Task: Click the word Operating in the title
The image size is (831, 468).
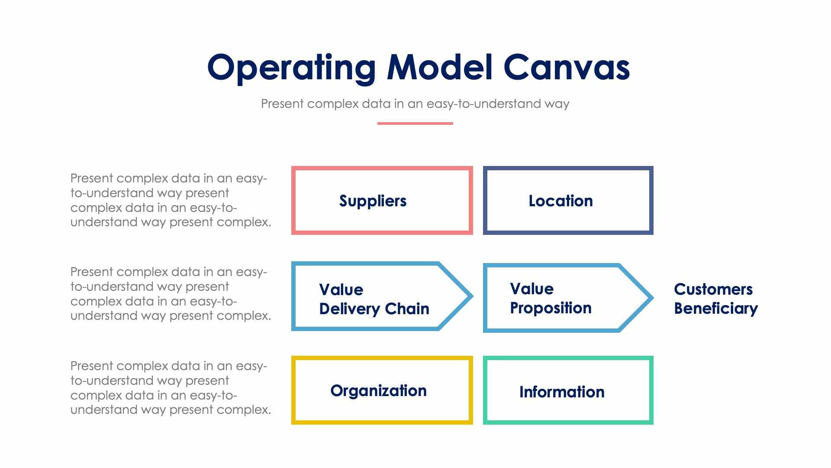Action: click(x=291, y=68)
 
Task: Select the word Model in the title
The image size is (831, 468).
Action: click(x=440, y=67)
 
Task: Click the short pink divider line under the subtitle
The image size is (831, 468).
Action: click(x=415, y=123)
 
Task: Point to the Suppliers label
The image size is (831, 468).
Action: click(x=373, y=201)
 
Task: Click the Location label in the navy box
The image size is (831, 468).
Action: click(x=560, y=201)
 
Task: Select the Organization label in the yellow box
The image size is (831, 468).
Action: click(x=378, y=391)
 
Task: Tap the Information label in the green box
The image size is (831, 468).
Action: click(x=562, y=392)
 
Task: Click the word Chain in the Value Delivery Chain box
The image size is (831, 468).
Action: click(x=407, y=309)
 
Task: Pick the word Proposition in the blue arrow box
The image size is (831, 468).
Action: click(x=551, y=308)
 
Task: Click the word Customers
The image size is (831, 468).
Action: click(x=713, y=289)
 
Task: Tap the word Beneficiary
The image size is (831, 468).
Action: click(x=716, y=309)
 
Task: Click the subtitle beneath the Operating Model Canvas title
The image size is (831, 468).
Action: click(x=415, y=104)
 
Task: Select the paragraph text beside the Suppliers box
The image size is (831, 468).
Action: click(x=171, y=200)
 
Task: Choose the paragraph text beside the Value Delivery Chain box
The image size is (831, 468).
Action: click(x=171, y=294)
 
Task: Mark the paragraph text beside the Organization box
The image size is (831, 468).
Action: click(x=171, y=388)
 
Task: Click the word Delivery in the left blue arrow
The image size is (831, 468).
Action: click(x=349, y=309)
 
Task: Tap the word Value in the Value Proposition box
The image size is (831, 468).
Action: click(x=531, y=289)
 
